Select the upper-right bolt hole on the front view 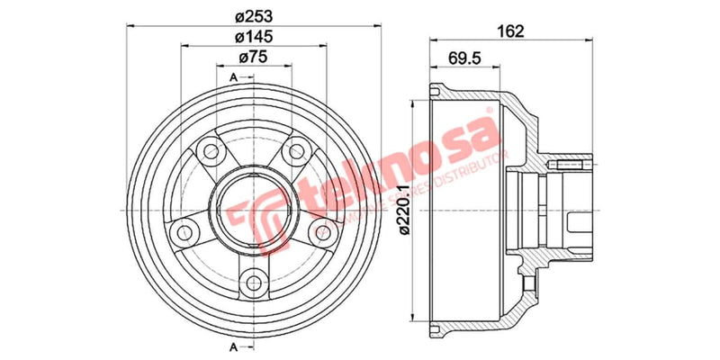coord(293,153)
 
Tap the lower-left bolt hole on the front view coord(185,231)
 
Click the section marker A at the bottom coord(233,346)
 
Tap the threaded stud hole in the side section coord(571,165)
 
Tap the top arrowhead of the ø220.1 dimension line coord(413,100)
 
